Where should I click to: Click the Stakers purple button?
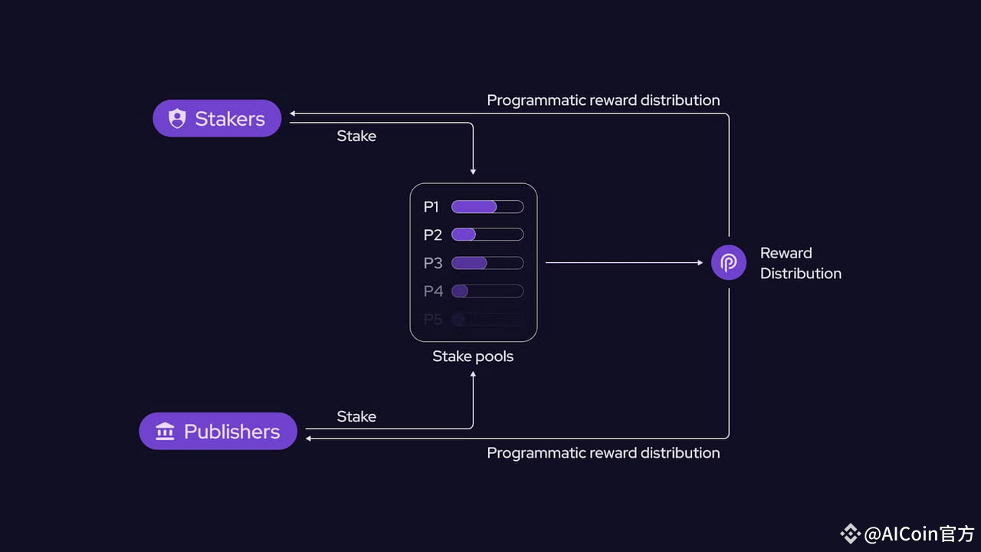coord(217,119)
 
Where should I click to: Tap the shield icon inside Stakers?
coord(177,119)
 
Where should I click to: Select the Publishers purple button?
coord(218,431)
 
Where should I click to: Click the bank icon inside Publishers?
coord(165,432)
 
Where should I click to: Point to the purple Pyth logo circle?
coord(728,263)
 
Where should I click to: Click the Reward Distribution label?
coord(800,263)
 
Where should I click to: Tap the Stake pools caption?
coord(473,356)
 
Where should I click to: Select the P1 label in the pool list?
coord(431,207)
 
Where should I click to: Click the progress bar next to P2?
coord(487,235)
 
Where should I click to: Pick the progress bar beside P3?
coord(487,263)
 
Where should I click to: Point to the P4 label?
coord(433,291)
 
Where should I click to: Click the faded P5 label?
coord(433,320)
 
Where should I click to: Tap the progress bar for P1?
coord(487,207)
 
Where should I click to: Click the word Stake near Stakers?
coord(356,136)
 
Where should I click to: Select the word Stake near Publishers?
coord(356,416)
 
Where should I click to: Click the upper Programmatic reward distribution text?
coord(603,100)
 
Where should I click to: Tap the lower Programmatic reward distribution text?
coord(603,453)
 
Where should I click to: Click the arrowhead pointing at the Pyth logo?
coord(700,263)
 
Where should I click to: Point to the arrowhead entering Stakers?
coord(293,114)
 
